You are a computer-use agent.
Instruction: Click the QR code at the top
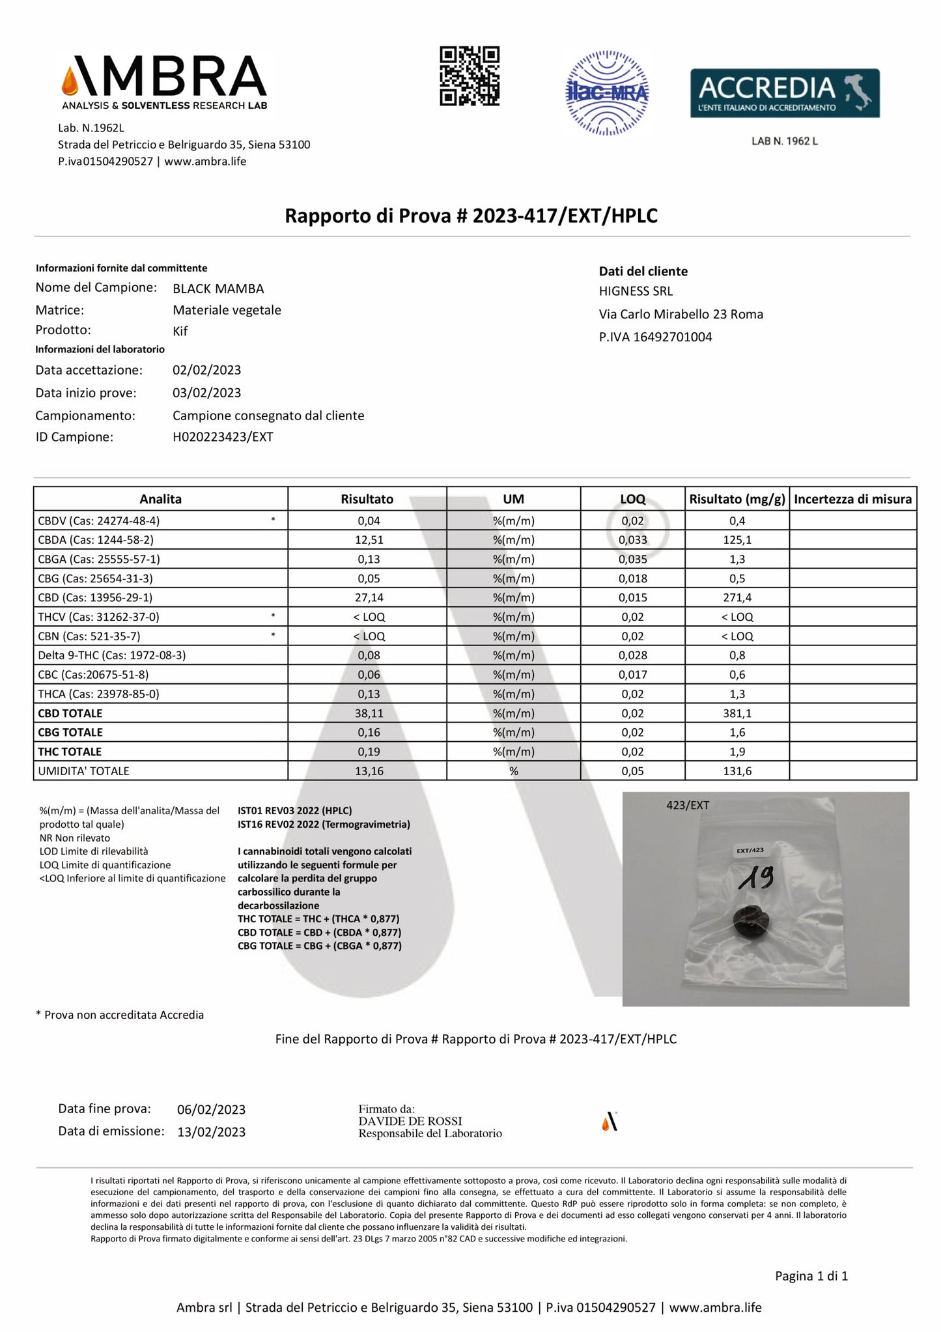tap(470, 76)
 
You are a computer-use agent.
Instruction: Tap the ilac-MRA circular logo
tap(607, 93)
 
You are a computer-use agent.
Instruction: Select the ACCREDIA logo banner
tap(784, 93)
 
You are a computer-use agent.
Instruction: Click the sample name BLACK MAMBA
tap(218, 289)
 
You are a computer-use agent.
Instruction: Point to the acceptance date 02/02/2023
tap(206, 370)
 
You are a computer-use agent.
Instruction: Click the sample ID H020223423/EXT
tap(223, 437)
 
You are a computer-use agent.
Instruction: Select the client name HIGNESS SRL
tap(636, 291)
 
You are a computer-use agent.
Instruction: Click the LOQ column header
tap(632, 499)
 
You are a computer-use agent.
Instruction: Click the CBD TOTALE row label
tap(70, 713)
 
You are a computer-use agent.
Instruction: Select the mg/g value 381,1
tap(737, 713)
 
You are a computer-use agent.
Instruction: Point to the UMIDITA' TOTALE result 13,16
tap(369, 771)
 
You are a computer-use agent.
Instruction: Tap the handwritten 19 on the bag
tap(756, 879)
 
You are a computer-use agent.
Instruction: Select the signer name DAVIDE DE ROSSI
tap(410, 1121)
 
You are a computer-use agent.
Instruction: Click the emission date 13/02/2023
tap(211, 1132)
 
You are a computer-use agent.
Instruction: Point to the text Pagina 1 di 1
tap(811, 1276)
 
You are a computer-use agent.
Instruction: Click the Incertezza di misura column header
tap(852, 499)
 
